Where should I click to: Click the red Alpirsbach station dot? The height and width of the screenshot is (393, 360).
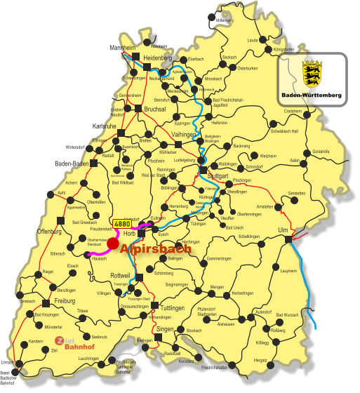(113, 243)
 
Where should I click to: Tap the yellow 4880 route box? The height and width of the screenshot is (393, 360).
(122, 224)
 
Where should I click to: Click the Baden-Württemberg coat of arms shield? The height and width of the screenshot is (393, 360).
(312, 73)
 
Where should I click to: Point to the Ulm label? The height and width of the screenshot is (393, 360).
(284, 230)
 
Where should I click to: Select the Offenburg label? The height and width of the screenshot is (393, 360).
(51, 230)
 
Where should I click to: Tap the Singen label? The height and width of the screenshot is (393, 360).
(165, 329)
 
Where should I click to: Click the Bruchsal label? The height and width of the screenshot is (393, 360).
(155, 109)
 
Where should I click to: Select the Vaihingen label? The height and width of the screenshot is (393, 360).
(184, 134)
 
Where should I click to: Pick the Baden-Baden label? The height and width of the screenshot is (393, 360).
(70, 164)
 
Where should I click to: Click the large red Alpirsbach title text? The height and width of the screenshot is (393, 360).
(156, 248)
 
